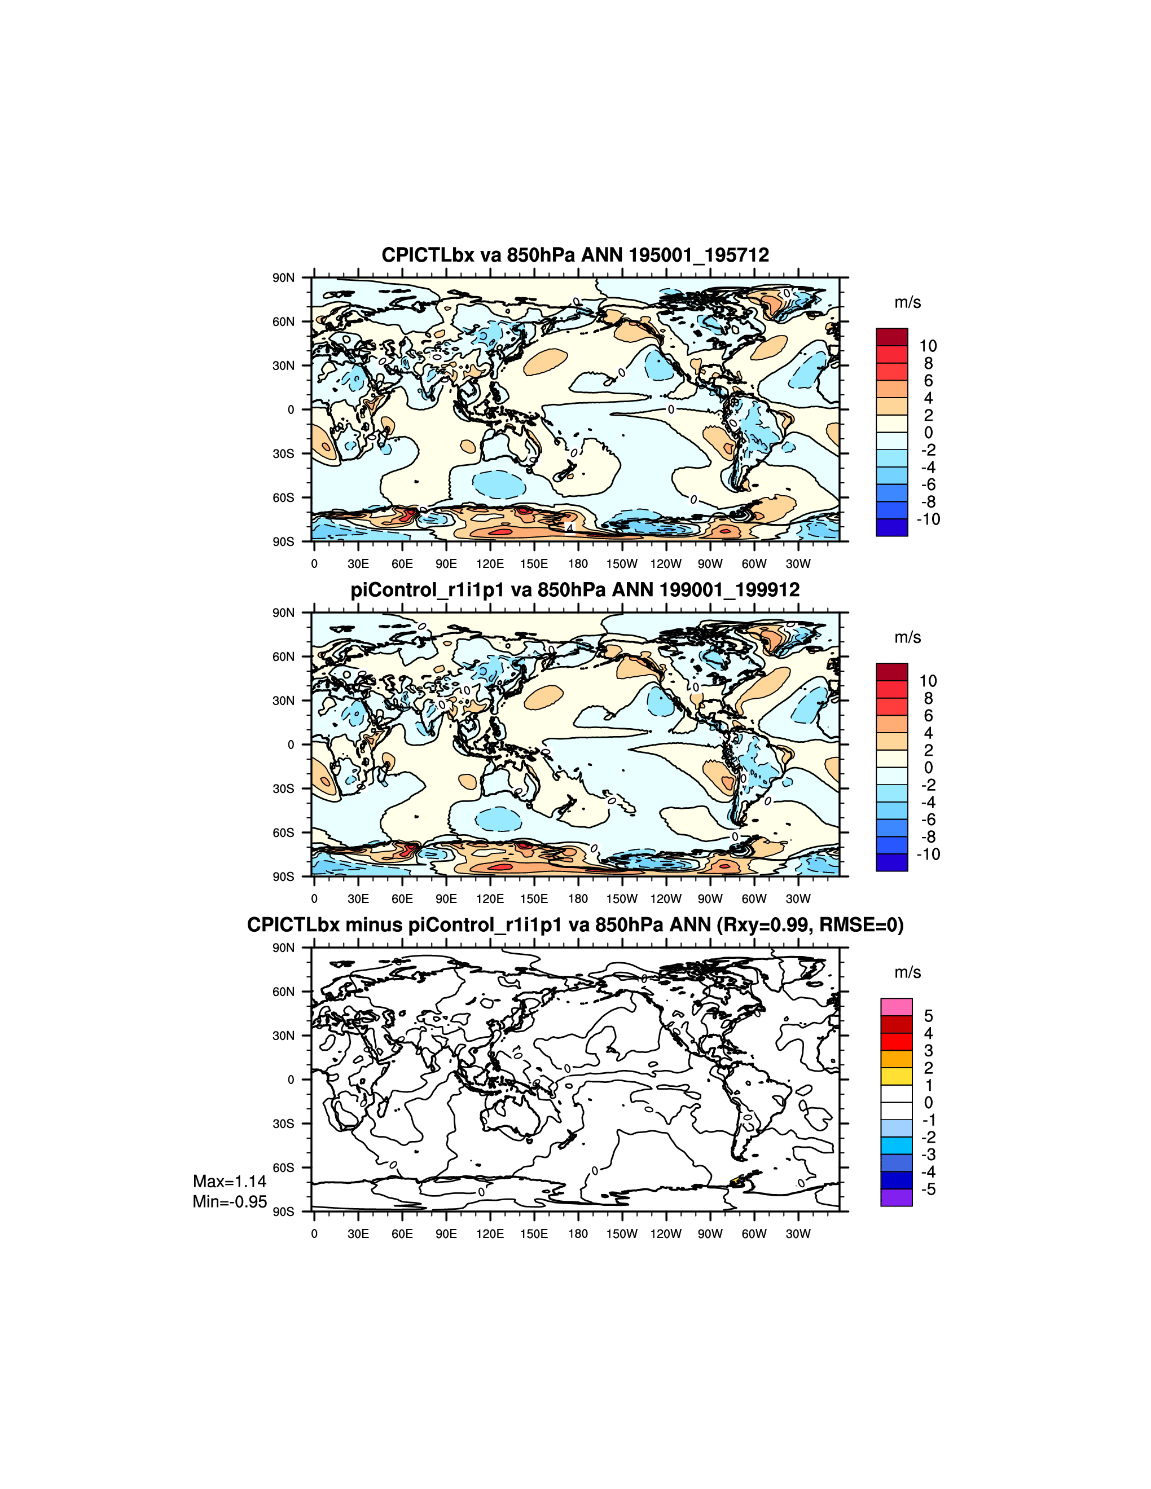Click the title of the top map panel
[x=575, y=255]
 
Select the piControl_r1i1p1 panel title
[x=575, y=590]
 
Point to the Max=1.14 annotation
[x=229, y=1182]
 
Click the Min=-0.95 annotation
[x=229, y=1201]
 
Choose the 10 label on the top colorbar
[x=928, y=346]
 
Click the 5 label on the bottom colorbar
[x=928, y=1016]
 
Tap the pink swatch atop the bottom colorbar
[x=896, y=1007]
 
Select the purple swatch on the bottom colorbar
[x=896, y=1197]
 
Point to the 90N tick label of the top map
[x=284, y=277]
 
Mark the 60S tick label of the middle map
[x=284, y=832]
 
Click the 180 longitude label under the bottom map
[x=578, y=1234]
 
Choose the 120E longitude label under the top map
[x=490, y=564]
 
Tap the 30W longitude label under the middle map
[x=798, y=898]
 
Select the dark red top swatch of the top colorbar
[x=892, y=337]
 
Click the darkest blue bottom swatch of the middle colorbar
[x=892, y=862]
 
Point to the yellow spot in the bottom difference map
[x=736, y=1180]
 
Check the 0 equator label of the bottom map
[x=291, y=1080]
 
